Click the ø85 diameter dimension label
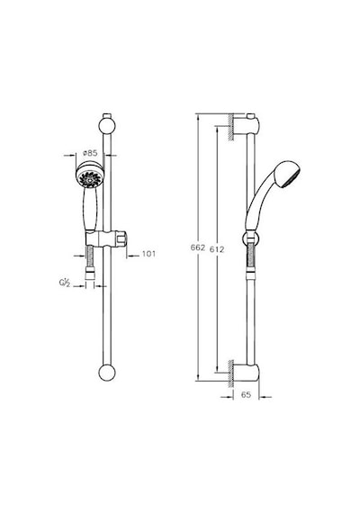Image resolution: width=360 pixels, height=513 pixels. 90,153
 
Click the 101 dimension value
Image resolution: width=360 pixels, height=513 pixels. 148,254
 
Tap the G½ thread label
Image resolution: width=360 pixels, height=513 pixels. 65,283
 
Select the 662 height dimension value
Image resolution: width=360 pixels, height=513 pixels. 198,247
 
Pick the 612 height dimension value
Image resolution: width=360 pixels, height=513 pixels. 217,249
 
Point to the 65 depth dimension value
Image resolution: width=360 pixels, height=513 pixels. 246,395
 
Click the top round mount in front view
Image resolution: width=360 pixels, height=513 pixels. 107,126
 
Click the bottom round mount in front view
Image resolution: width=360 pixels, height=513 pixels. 107,373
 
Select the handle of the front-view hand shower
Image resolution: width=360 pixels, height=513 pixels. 90,210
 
